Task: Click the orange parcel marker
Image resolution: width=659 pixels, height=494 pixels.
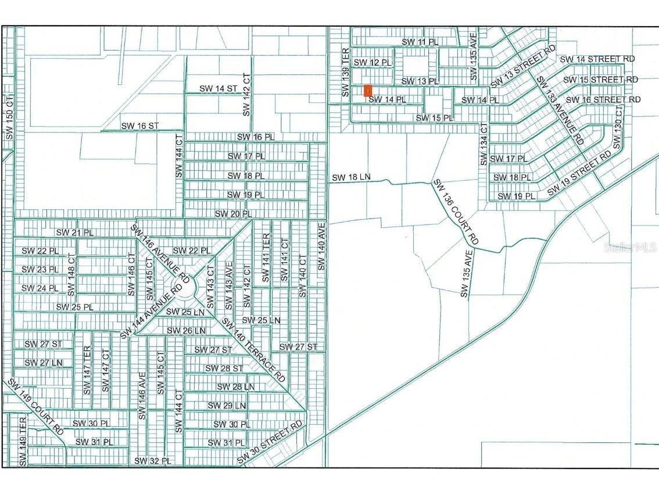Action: click(x=367, y=91)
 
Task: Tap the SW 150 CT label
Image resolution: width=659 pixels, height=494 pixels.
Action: click(x=9, y=116)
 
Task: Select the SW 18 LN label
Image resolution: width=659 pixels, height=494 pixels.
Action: click(x=351, y=177)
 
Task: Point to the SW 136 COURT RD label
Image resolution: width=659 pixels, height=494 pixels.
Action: click(x=456, y=211)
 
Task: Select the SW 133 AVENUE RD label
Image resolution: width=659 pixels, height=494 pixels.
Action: click(x=559, y=110)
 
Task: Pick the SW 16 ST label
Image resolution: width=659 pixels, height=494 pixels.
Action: click(x=140, y=126)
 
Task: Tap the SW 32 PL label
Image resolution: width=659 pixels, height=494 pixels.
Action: click(x=152, y=461)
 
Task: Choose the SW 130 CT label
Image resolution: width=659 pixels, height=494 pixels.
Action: click(x=618, y=125)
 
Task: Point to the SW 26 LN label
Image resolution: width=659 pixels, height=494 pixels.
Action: click(x=187, y=331)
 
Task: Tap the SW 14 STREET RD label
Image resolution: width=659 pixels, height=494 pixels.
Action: click(x=597, y=59)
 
